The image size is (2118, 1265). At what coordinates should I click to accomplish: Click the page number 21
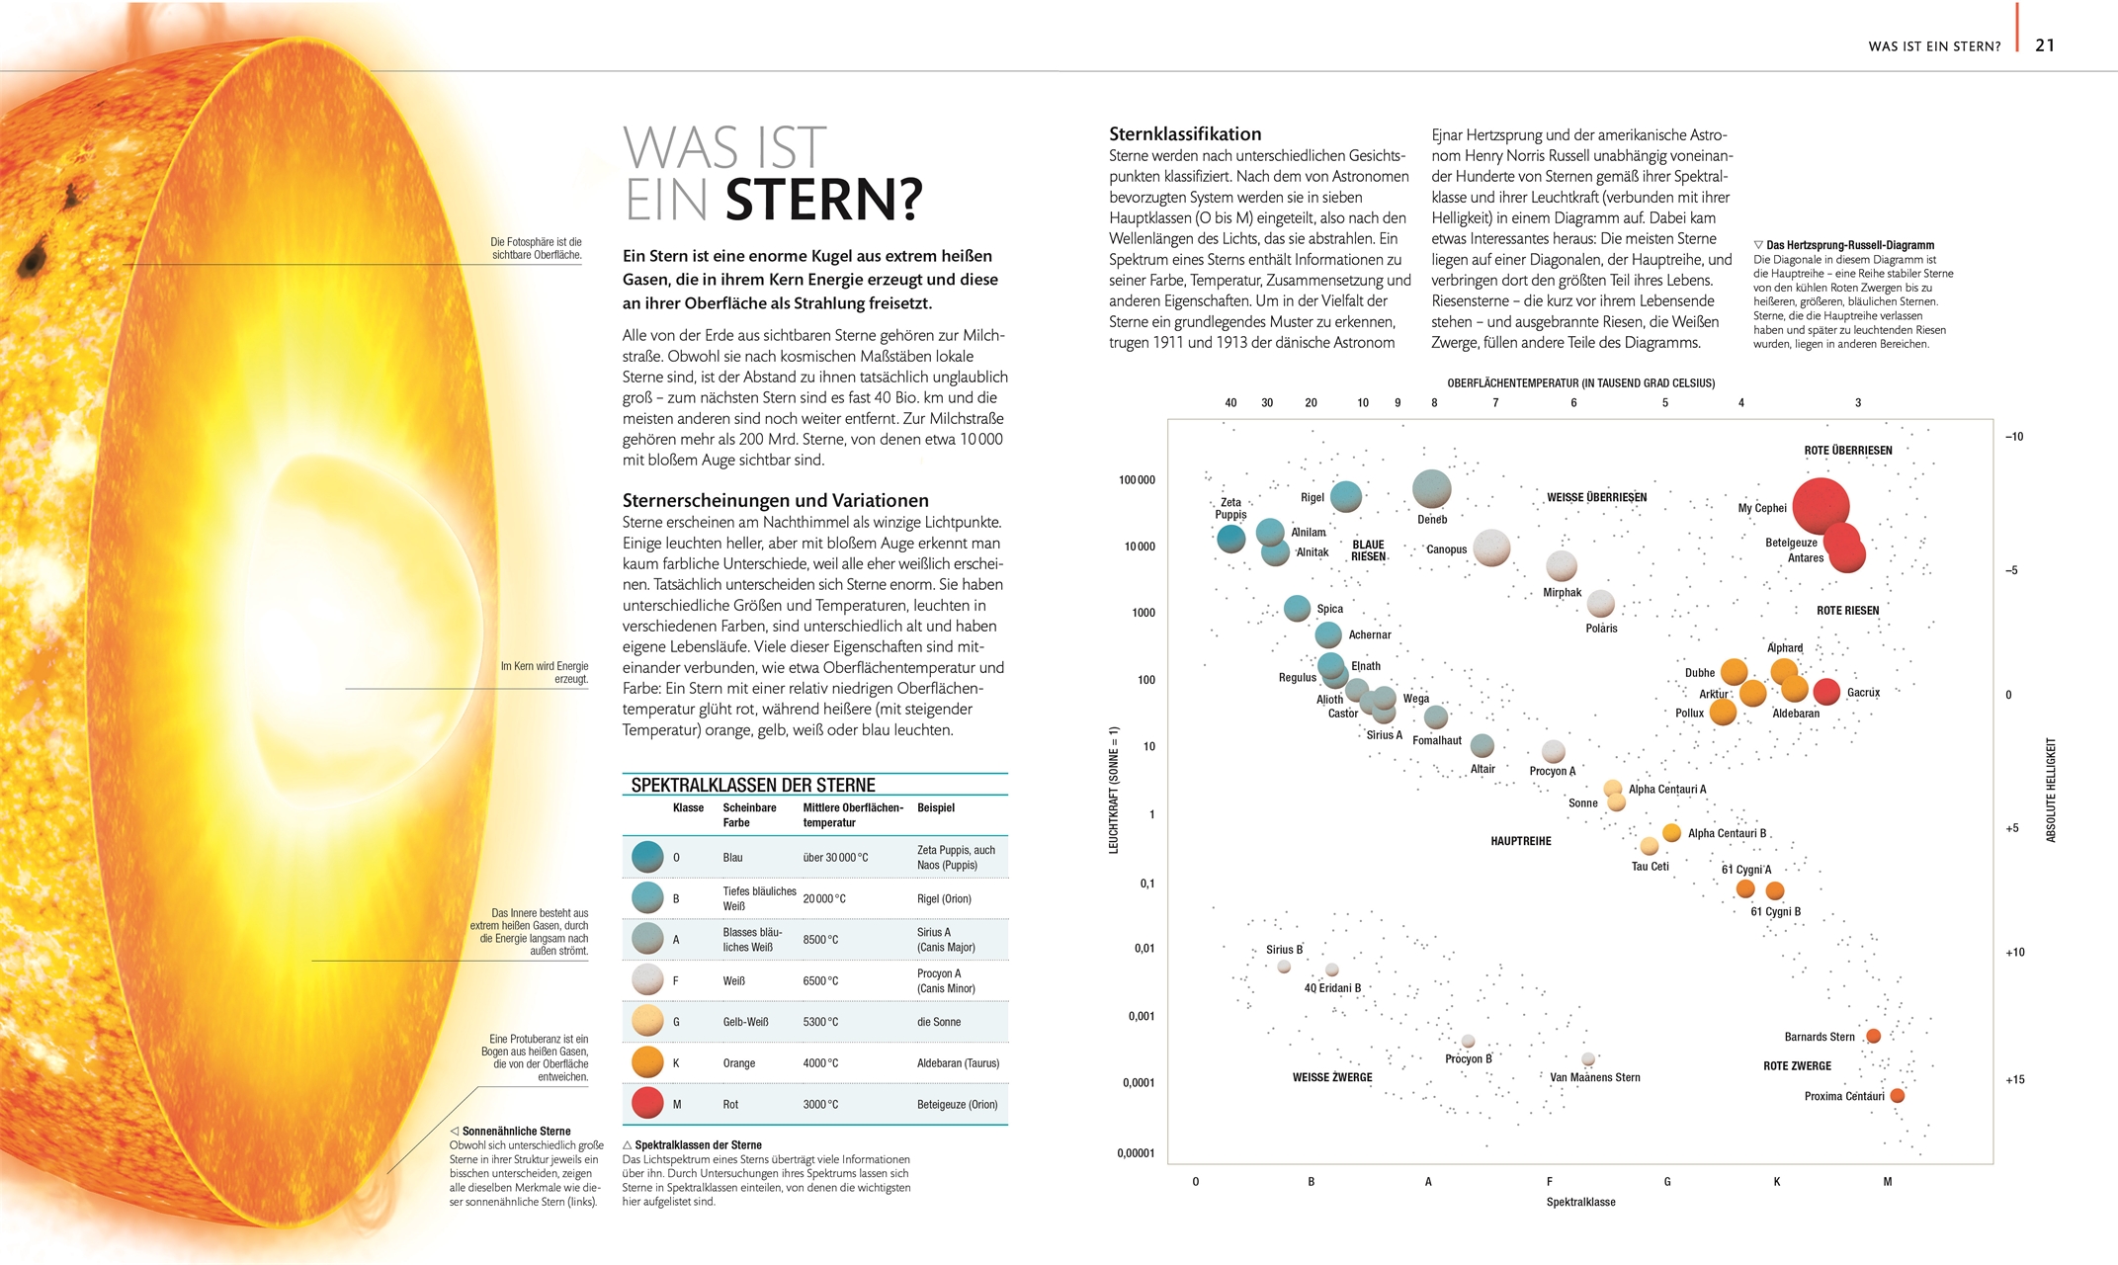pyautogui.click(x=2044, y=45)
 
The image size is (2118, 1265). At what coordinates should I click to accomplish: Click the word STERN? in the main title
pyautogui.click(x=823, y=201)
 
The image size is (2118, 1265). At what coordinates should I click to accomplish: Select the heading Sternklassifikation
pyautogui.click(x=1184, y=134)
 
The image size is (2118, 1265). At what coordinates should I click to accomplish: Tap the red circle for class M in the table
pyautogui.click(x=647, y=1103)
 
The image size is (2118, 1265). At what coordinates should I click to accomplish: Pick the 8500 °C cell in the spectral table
pyautogui.click(x=820, y=940)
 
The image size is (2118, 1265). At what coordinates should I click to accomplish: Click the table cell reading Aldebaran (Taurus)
pyautogui.click(x=957, y=1063)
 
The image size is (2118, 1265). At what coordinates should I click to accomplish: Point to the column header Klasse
pyautogui.click(x=688, y=808)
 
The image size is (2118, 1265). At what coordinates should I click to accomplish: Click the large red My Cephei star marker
pyautogui.click(x=1820, y=506)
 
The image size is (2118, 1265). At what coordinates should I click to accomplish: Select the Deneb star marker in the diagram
pyautogui.click(x=1431, y=488)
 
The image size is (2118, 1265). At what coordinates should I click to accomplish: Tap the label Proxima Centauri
pyautogui.click(x=1843, y=1096)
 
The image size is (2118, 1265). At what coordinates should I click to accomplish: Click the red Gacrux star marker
pyautogui.click(x=1825, y=692)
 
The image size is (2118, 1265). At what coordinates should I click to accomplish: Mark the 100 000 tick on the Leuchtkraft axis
pyautogui.click(x=1137, y=480)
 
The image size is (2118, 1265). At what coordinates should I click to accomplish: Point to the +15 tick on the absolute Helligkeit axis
pyautogui.click(x=2014, y=1079)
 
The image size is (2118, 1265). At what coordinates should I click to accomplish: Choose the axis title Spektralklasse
pyautogui.click(x=1579, y=1202)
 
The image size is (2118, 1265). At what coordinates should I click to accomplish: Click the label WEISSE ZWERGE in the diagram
pyautogui.click(x=1331, y=1077)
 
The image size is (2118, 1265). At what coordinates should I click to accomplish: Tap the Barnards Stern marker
pyautogui.click(x=1872, y=1036)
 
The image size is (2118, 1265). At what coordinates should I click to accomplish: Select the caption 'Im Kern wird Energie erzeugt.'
pyautogui.click(x=544, y=672)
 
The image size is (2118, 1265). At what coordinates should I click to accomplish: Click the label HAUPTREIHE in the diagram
pyautogui.click(x=1520, y=841)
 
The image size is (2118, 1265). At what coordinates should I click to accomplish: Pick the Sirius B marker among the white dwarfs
pyautogui.click(x=1283, y=967)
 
